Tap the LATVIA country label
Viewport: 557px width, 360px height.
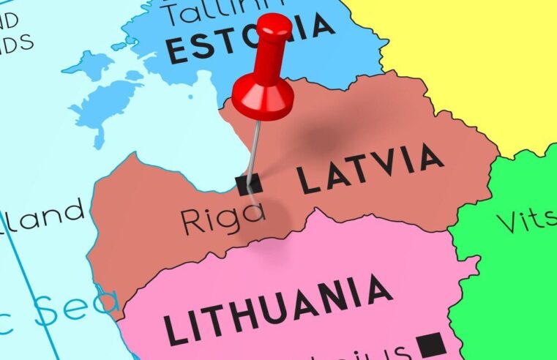point(370,170)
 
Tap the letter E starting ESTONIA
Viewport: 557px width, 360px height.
point(176,50)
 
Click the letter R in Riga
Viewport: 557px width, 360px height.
point(192,220)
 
